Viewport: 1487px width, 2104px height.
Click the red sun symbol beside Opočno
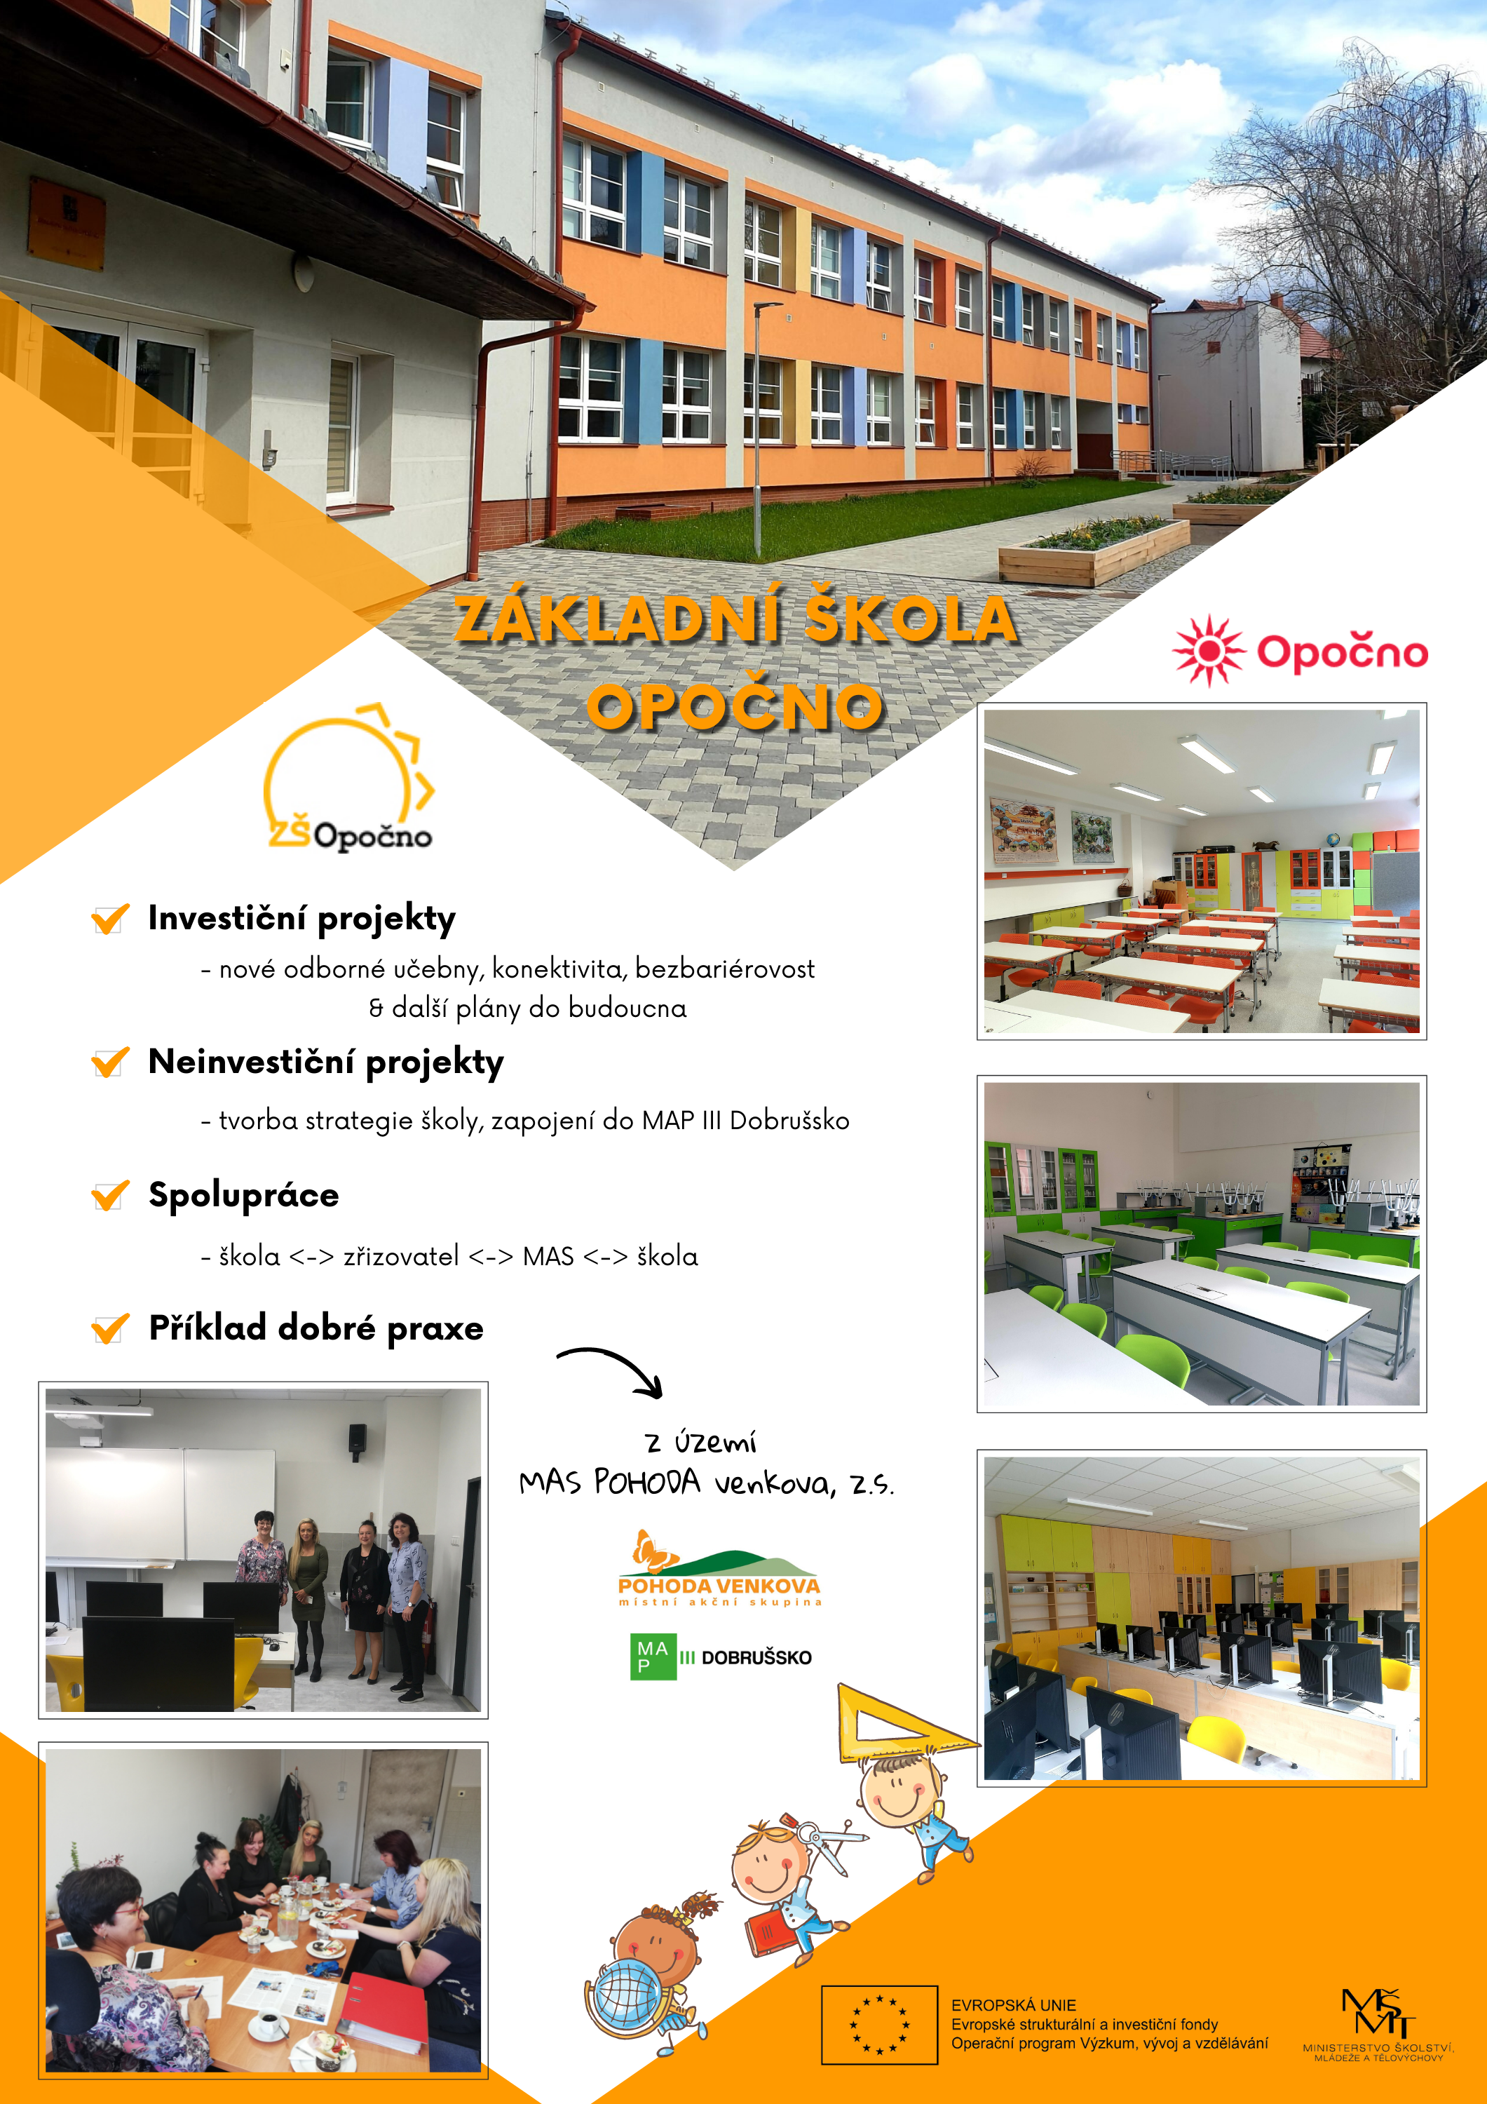(x=1209, y=651)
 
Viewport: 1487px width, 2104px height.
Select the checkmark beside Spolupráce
(x=110, y=1195)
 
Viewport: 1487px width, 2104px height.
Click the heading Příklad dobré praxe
(x=316, y=1328)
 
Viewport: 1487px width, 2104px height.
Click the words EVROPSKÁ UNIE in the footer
(x=1013, y=2005)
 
